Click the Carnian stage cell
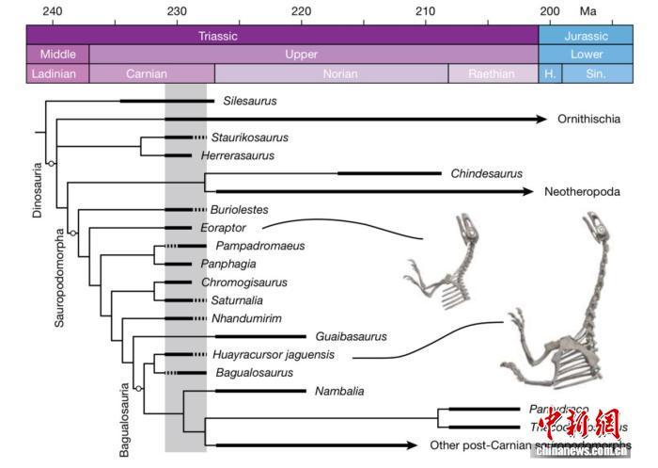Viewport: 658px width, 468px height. [x=150, y=73]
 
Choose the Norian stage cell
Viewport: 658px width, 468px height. [x=331, y=73]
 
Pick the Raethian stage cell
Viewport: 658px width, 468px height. [x=493, y=73]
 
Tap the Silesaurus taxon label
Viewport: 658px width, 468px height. [x=250, y=100]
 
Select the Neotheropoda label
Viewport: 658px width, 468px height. [x=582, y=191]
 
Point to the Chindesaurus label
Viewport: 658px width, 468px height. [x=486, y=173]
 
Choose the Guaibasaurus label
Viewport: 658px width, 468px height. [x=352, y=336]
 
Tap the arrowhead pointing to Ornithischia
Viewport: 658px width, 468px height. [x=540, y=119]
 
